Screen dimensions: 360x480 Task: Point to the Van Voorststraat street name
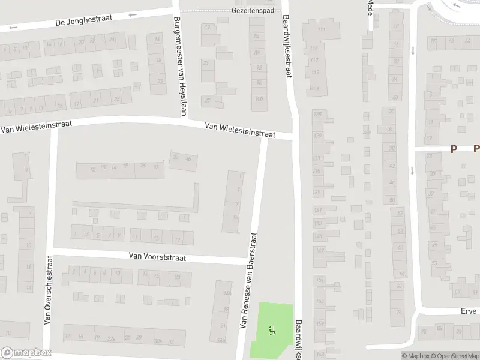pyautogui.click(x=157, y=257)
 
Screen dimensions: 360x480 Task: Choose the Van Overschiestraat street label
pyautogui.click(x=47, y=290)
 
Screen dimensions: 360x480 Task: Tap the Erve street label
pyautogui.click(x=469, y=311)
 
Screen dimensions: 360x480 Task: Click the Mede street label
pyautogui.click(x=370, y=9)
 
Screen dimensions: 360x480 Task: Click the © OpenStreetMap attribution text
pyautogui.click(x=455, y=356)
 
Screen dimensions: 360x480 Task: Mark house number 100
pyautogui.click(x=259, y=98)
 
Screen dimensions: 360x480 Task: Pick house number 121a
pyautogui.click(x=315, y=89)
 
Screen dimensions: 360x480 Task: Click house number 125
pyautogui.click(x=317, y=114)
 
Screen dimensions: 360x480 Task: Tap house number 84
pyautogui.click(x=258, y=37)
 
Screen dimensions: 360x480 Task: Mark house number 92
pyautogui.click(x=259, y=68)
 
